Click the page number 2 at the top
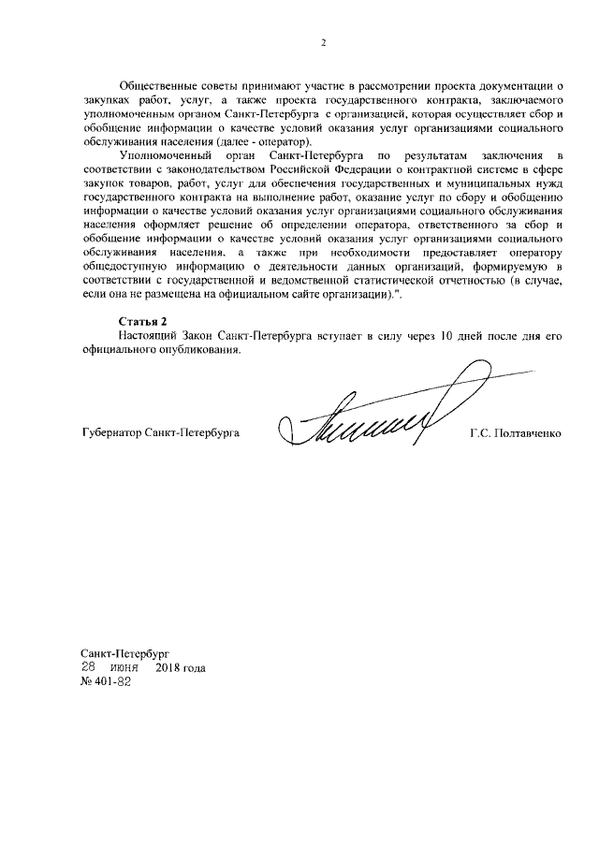point(323,42)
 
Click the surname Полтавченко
point(529,435)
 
